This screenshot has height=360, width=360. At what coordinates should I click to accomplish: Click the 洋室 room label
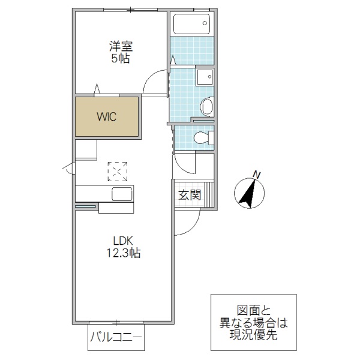point(119,46)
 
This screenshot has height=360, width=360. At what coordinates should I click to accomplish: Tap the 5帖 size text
point(119,59)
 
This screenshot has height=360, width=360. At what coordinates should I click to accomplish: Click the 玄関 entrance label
point(188,195)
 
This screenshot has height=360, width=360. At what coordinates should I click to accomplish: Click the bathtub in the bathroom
point(191,25)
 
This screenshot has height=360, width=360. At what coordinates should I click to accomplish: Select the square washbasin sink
point(205,77)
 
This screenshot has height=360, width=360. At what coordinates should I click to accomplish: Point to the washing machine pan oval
point(206,107)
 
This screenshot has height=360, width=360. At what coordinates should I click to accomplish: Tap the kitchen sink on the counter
point(122,194)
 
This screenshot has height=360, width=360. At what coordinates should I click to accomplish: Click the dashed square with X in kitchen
point(117,171)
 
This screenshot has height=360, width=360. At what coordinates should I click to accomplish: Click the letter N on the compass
point(256,175)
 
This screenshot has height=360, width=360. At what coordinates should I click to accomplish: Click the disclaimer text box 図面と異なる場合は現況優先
point(253,322)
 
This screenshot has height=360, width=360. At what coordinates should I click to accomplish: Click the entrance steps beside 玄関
point(208,193)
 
